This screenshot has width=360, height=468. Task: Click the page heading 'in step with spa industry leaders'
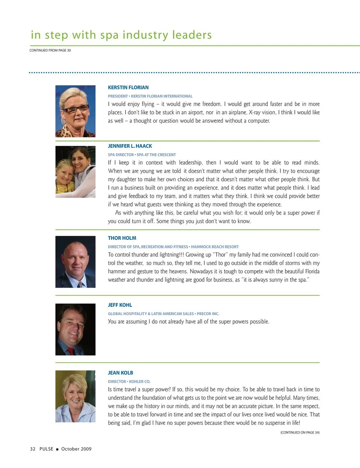pyautogui.click(x=121, y=35)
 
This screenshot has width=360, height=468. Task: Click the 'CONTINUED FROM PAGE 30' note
pyautogui.click(x=50, y=50)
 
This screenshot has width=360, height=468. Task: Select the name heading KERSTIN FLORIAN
pyautogui.click(x=128, y=87)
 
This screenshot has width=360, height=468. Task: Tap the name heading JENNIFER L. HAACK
pyautogui.click(x=130, y=146)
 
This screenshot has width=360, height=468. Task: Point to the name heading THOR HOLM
pyautogui.click(x=122, y=238)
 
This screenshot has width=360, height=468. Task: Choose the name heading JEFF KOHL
pyautogui.click(x=120, y=305)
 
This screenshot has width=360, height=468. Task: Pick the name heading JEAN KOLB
pyautogui.click(x=120, y=373)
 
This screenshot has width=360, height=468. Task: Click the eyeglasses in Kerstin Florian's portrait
pyautogui.click(x=76, y=110)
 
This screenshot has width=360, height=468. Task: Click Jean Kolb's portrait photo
pyautogui.click(x=75, y=396)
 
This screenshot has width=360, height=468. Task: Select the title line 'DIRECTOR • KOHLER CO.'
pyautogui.click(x=129, y=381)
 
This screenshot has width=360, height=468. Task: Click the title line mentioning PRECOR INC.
pyautogui.click(x=163, y=314)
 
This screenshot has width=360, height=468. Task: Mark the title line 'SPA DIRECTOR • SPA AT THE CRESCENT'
pyautogui.click(x=142, y=155)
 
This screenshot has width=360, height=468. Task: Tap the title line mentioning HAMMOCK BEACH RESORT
pyautogui.click(x=173, y=247)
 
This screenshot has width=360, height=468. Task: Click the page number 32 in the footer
pyautogui.click(x=33, y=449)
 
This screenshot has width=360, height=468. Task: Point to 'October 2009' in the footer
pyautogui.click(x=76, y=449)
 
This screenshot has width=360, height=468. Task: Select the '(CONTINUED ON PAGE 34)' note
pyautogui.click(x=300, y=432)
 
